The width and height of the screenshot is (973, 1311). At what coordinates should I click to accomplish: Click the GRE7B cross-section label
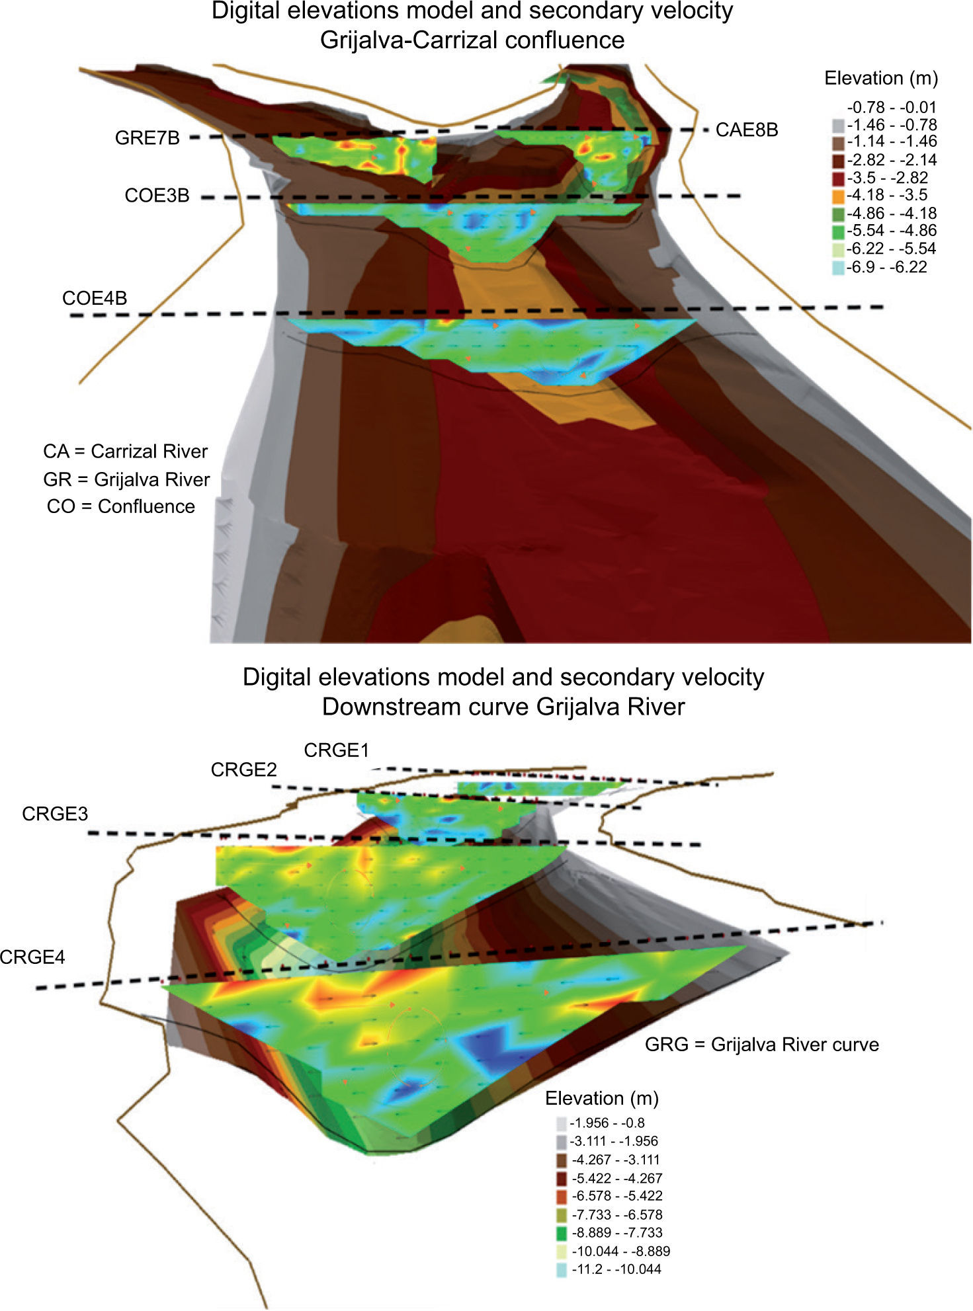tap(147, 138)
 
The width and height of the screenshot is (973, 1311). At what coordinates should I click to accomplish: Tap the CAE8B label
tap(746, 130)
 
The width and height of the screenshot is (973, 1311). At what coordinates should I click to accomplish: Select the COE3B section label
tap(157, 196)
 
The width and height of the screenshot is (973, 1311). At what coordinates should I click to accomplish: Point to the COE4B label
tap(95, 298)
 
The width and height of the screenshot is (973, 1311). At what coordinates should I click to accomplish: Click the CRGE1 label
tap(336, 750)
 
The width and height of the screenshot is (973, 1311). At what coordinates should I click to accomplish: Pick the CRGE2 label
tap(243, 770)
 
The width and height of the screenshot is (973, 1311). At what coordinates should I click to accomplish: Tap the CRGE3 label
tap(55, 814)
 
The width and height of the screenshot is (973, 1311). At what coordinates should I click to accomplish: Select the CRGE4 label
tap(32, 957)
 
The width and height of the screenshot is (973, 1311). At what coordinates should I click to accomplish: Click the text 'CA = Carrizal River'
tap(126, 452)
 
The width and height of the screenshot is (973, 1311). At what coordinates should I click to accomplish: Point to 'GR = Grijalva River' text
tap(126, 479)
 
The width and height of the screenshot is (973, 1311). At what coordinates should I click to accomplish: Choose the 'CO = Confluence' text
tap(121, 506)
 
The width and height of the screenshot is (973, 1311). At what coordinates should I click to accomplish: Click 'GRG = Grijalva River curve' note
tap(762, 1045)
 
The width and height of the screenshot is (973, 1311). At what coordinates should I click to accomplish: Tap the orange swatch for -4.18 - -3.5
tap(838, 196)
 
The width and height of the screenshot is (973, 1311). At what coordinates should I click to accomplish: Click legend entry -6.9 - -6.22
tap(887, 267)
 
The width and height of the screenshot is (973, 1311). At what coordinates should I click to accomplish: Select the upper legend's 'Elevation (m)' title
tap(881, 78)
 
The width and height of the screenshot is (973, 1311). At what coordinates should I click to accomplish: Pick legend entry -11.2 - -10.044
tap(616, 1269)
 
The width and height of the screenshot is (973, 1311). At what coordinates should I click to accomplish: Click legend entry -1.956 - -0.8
tap(607, 1123)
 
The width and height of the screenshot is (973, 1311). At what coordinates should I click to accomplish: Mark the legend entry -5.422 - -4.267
tap(616, 1177)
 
